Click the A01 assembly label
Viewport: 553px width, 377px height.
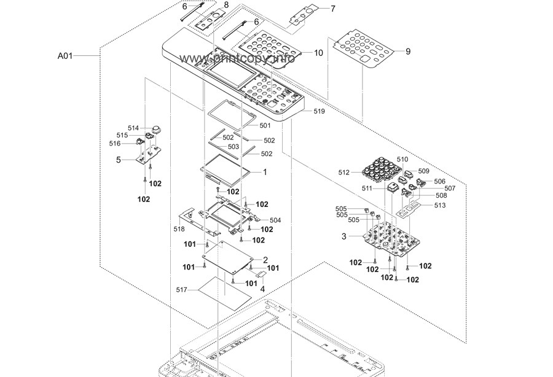[65, 56]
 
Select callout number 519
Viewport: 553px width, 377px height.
[319, 111]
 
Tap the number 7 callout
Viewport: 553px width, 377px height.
[333, 9]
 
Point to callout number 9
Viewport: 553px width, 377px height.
[408, 52]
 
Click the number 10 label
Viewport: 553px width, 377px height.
[318, 53]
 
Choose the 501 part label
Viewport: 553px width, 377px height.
[265, 125]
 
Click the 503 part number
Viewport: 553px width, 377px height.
[233, 147]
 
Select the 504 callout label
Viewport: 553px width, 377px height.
[275, 220]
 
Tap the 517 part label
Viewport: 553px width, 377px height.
[181, 290]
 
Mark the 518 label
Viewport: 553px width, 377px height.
[179, 229]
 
